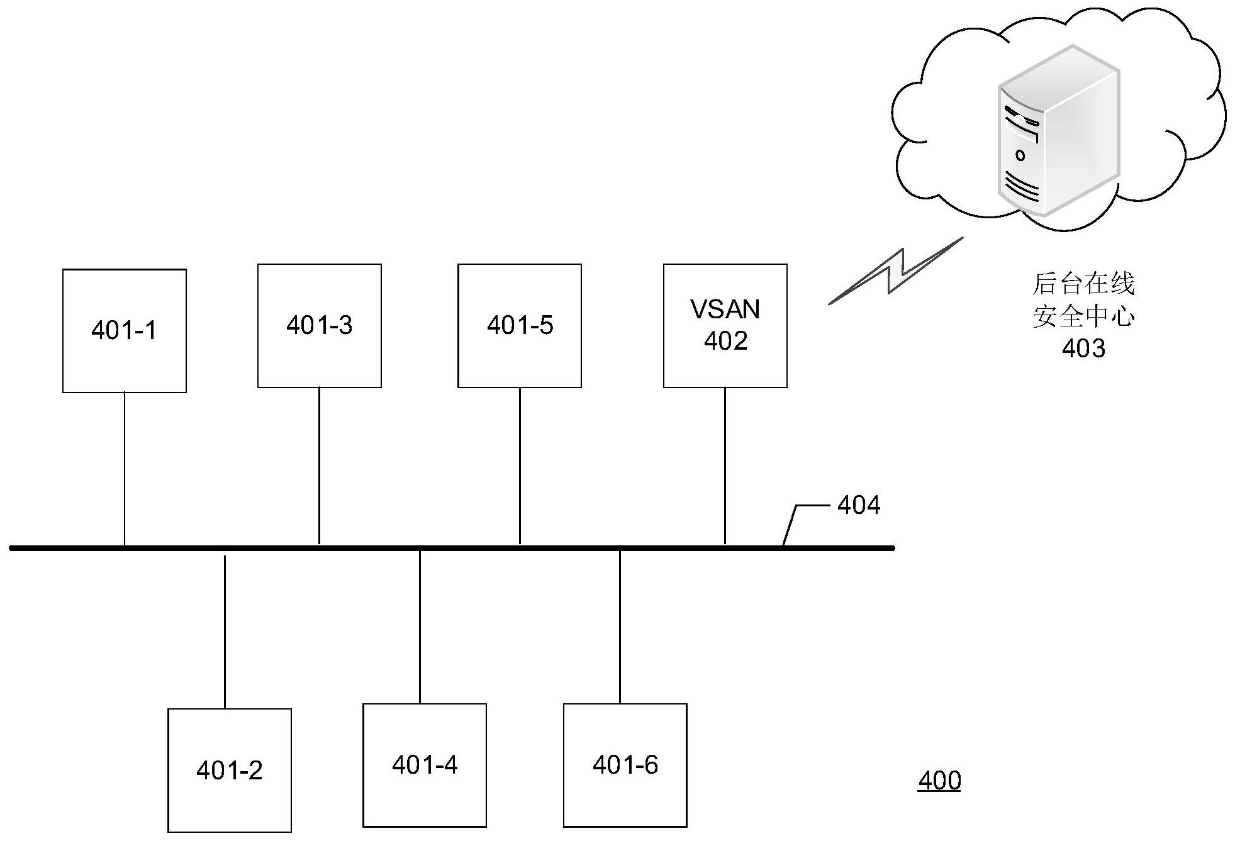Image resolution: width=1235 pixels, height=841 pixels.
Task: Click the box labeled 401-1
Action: tap(125, 331)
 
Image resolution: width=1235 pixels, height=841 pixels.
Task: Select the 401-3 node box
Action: tap(320, 326)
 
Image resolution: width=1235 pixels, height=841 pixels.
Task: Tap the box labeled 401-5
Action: tap(520, 326)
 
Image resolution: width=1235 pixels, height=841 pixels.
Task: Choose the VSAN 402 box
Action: tap(725, 326)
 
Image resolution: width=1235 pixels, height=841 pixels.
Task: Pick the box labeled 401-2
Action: tap(230, 770)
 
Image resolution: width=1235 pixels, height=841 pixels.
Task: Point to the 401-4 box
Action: tap(425, 765)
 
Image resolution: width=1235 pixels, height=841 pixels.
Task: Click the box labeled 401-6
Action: tap(625, 765)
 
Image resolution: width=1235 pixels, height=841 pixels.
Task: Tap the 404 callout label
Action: tap(859, 506)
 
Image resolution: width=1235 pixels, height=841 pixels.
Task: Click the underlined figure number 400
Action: tap(939, 781)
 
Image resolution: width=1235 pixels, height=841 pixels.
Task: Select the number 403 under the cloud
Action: tap(1083, 348)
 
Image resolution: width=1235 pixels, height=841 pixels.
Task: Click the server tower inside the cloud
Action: tap(1057, 142)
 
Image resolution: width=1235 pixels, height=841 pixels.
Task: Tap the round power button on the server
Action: tap(1020, 155)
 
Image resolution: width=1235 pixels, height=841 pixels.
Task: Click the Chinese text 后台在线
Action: tap(1083, 284)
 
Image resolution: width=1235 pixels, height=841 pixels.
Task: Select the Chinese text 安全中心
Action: tap(1083, 316)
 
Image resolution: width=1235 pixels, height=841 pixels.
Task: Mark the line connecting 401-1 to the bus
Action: tap(125, 469)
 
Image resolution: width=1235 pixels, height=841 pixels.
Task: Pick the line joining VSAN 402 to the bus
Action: tap(725, 465)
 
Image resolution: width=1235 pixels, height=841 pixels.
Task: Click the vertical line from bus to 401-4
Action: tap(420, 627)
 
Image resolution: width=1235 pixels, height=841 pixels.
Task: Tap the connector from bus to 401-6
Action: tap(620, 627)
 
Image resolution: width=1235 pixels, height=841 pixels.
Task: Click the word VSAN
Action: tap(725, 309)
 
